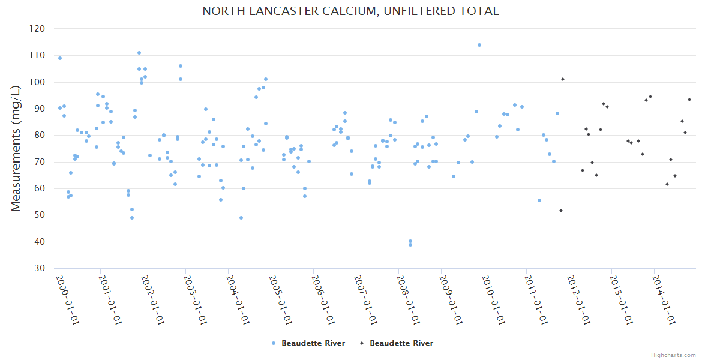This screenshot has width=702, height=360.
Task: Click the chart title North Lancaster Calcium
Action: pos(350,11)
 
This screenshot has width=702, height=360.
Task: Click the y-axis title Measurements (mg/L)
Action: pos(16,148)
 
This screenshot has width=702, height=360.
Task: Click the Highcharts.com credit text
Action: pos(673,355)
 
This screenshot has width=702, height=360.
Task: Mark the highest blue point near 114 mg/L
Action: pos(479,45)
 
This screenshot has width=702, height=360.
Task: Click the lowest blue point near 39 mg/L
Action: pos(410,244)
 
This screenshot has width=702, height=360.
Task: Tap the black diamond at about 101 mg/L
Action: pos(563,79)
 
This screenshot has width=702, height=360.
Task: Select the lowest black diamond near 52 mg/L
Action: pos(561,211)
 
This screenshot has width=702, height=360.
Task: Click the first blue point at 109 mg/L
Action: pos(60,58)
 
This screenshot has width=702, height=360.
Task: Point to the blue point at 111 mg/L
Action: pos(139,53)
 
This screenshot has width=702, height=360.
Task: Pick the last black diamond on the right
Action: pos(689,100)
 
